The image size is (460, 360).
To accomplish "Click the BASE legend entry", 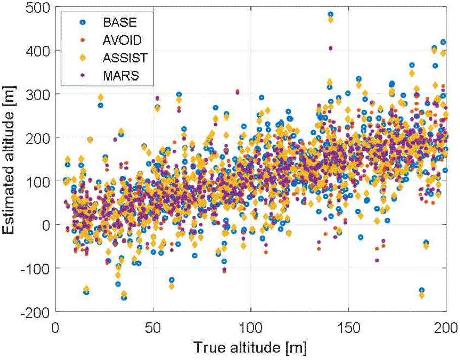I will (x=120, y=23).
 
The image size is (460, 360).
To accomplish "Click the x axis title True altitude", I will (x=250, y=348).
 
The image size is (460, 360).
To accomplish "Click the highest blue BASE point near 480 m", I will (x=330, y=15).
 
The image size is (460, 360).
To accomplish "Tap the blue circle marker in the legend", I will (x=75, y=23).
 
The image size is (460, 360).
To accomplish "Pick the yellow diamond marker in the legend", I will (x=75, y=58).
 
